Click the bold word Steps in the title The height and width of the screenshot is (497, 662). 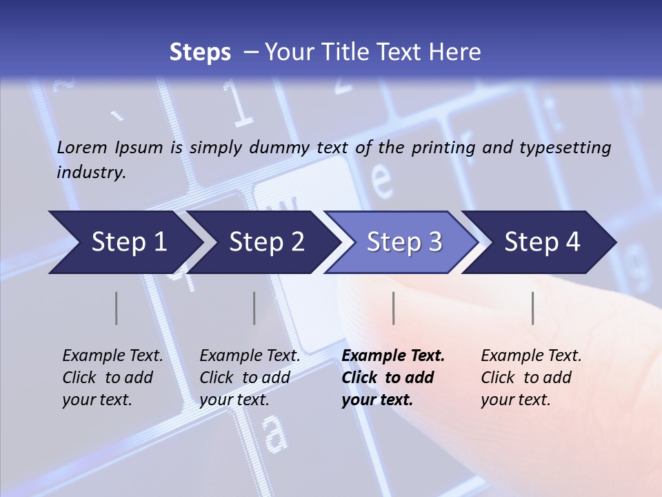coord(200,52)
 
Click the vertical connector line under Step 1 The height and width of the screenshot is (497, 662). coord(117,308)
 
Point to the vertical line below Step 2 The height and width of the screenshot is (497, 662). coord(254,308)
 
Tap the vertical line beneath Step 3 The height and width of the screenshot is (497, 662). coord(393,308)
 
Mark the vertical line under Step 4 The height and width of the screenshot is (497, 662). coord(532,308)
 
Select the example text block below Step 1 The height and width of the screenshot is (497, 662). coord(112,378)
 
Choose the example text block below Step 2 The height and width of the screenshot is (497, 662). coord(250,378)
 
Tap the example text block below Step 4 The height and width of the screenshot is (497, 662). coord(531,378)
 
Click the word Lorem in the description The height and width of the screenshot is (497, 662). coord(82,148)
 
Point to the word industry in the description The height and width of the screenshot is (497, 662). coord(90,173)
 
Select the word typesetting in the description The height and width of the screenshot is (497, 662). coord(565,148)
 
